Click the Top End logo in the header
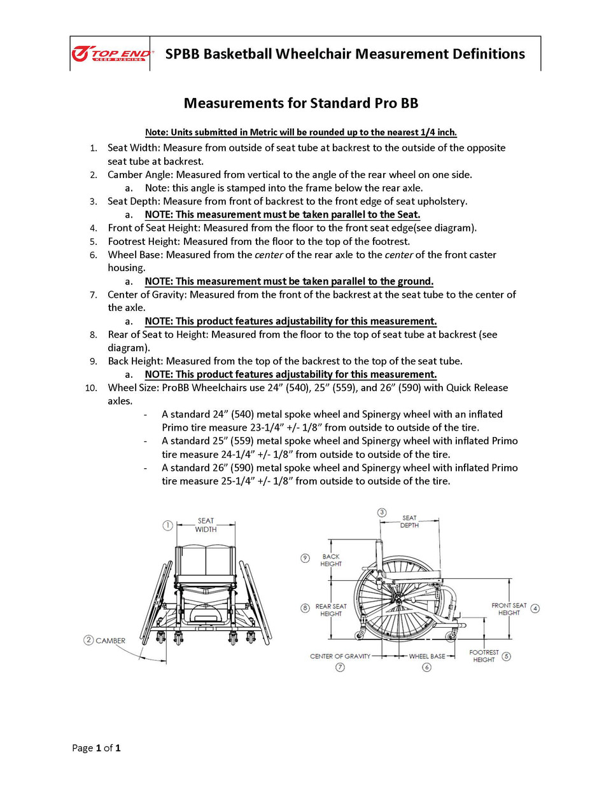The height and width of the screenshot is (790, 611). (x=111, y=54)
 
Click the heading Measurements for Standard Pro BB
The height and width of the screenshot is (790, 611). (x=301, y=103)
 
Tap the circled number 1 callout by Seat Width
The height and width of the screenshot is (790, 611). (x=167, y=525)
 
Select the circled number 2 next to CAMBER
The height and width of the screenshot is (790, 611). (x=88, y=640)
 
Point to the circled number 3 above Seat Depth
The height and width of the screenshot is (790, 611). (x=382, y=512)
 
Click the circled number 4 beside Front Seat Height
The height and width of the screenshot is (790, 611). (x=535, y=608)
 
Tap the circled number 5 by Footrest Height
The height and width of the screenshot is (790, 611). (x=507, y=656)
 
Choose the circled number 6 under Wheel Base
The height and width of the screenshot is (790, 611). (x=426, y=667)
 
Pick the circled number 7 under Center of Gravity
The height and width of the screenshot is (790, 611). (x=340, y=667)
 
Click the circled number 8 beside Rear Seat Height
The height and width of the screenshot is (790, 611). (x=305, y=608)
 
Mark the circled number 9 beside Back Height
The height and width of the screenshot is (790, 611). (x=305, y=558)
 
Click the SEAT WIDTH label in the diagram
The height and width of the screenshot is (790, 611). (x=206, y=525)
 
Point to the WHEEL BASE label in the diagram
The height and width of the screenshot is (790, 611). (x=427, y=656)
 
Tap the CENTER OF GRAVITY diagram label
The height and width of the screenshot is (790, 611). (x=340, y=656)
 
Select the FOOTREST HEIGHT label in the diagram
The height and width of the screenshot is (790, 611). (x=484, y=656)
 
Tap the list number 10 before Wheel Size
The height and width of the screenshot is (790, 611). (x=91, y=387)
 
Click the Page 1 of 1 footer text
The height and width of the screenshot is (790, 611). (x=96, y=747)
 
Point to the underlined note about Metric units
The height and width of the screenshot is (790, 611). (x=301, y=132)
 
